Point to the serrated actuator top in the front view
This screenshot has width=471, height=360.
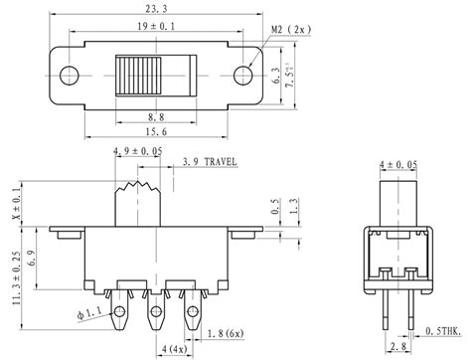[137, 186]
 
